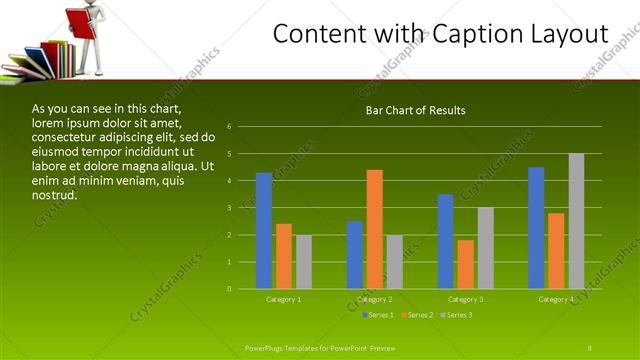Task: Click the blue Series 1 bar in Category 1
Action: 264,231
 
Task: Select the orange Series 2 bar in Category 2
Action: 375,229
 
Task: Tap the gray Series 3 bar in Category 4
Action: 576,221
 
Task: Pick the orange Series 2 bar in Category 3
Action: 466,264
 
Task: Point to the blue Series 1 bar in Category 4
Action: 536,228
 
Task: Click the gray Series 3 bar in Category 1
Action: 304,262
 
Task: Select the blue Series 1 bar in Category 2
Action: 355,255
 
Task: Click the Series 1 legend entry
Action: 378,316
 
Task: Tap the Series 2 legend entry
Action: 416,316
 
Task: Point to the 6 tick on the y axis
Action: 230,127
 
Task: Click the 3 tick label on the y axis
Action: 230,208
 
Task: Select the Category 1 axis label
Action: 284,299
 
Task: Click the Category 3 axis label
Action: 466,299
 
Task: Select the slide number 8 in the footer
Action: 590,347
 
